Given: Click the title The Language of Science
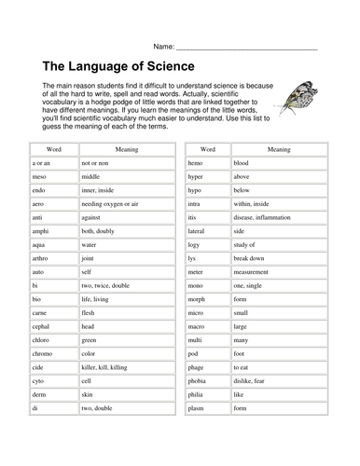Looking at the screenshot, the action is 118,66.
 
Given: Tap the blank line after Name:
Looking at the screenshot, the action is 247,46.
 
